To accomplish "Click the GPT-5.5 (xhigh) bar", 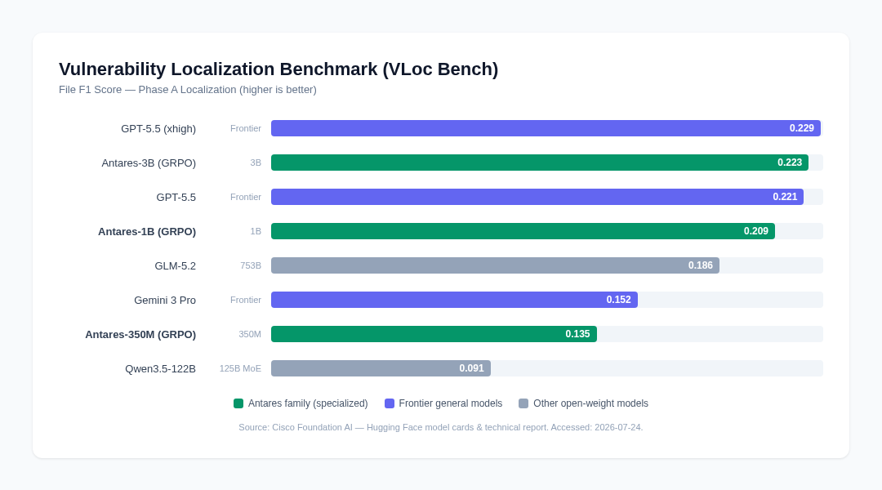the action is (x=546, y=128).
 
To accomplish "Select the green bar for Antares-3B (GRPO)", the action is (x=540, y=163).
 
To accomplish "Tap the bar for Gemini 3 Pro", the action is (x=455, y=300).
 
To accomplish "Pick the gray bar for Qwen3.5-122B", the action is (x=381, y=368).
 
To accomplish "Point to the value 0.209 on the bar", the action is (x=756, y=231).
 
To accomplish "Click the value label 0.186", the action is (x=701, y=265).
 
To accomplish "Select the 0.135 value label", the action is (x=577, y=334).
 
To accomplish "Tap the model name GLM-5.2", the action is (x=176, y=266).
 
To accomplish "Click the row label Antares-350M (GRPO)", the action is (x=140, y=335).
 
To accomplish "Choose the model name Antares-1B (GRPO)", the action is (x=147, y=232).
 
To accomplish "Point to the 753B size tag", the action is (x=251, y=265).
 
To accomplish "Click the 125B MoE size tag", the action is (x=240, y=368).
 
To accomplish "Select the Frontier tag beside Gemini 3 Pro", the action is (x=246, y=300).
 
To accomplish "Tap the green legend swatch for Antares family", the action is (x=238, y=403).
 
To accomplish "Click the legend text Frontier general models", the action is (x=451, y=403).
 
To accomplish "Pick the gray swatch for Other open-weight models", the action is (x=523, y=403).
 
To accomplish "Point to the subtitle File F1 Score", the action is (x=91, y=90).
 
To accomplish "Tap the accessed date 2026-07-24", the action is (x=619, y=428).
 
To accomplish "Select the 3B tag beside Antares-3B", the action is (x=256, y=163).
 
